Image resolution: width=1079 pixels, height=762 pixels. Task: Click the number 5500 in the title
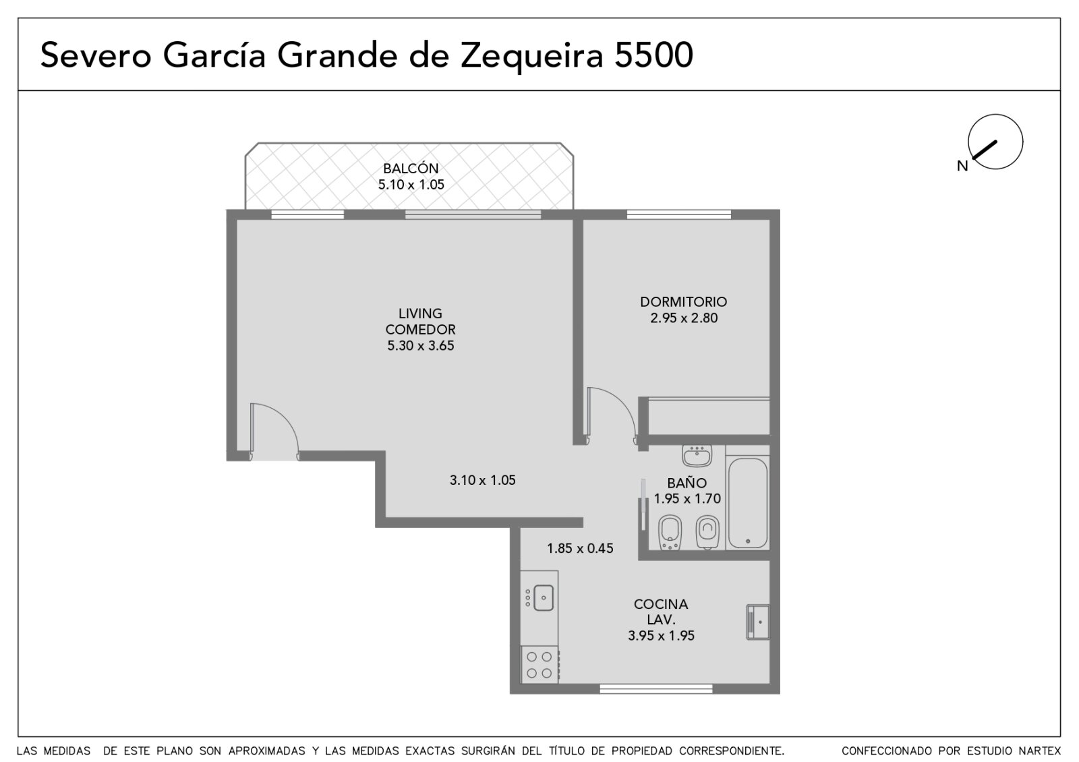coord(653,55)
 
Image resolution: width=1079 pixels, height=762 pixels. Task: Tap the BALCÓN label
coord(411,169)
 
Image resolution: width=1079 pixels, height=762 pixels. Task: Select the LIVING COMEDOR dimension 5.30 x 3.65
coord(421,346)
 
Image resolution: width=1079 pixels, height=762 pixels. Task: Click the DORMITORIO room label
coord(684,302)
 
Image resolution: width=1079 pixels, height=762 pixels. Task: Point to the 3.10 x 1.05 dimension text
coord(483,480)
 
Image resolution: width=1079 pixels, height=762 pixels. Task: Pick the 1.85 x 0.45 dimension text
coord(580,548)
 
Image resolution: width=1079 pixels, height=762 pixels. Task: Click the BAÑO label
coord(687,483)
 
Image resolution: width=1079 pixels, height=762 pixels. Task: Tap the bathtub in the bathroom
coord(748,503)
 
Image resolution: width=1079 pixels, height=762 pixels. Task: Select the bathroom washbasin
coord(697,456)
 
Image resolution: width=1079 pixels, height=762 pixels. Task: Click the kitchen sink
coord(544,597)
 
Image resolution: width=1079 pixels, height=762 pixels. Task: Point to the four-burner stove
coord(539,664)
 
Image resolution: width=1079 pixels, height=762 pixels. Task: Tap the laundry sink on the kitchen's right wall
coord(758,622)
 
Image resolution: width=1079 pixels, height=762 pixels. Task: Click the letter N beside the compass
coord(962,166)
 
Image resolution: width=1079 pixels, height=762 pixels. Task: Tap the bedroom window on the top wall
coord(678,214)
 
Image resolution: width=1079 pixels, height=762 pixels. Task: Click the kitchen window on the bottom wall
coord(656,688)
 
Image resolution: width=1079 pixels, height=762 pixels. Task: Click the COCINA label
coord(661,604)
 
